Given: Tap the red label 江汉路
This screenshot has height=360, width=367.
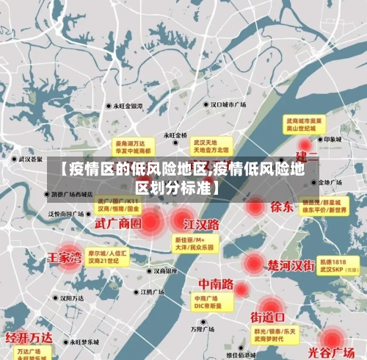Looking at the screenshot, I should point(202,223).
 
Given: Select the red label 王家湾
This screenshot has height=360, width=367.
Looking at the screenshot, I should point(65,257).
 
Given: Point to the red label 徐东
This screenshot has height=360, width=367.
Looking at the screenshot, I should point(282,206).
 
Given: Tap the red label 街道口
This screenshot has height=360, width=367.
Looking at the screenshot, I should point(268,317).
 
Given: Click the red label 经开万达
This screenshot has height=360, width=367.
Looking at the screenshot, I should point(30,338).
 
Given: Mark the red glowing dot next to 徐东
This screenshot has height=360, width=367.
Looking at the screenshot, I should point(255,206).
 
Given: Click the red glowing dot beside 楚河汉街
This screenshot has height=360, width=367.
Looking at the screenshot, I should point(253,263).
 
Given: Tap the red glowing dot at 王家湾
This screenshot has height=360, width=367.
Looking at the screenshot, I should point(68,259).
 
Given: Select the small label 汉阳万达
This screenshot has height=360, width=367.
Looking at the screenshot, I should point(73,298).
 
